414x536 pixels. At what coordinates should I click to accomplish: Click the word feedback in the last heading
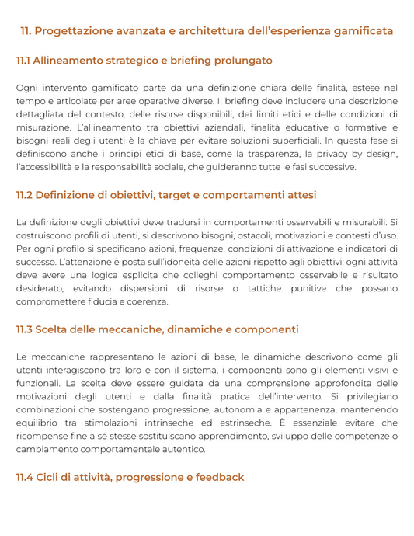(x=218, y=476)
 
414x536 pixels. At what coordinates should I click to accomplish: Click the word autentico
(x=182, y=449)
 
